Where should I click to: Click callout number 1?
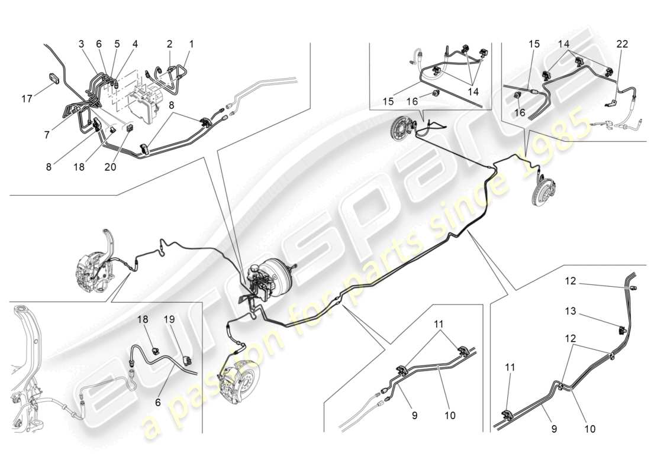pos(191,44)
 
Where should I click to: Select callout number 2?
pos(169,44)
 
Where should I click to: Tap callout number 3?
pos(81,44)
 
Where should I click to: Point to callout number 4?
pos(135,44)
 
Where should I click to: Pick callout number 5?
pos(117,44)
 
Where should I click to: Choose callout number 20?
pos(109,167)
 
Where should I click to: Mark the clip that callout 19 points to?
pos(188,359)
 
